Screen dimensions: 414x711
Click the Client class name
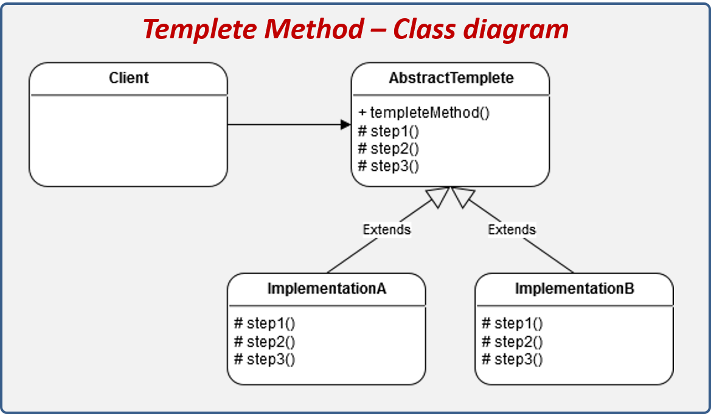tap(129, 78)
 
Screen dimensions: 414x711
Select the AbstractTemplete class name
tap(451, 78)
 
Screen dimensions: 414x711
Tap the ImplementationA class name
tap(327, 289)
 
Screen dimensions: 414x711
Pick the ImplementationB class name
tap(574, 289)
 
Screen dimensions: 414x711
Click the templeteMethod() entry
tap(424, 112)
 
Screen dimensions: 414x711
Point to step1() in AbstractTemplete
tap(389, 131)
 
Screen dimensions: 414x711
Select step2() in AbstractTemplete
tap(389, 148)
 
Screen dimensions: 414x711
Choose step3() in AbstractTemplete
tap(389, 166)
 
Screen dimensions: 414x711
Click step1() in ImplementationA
tap(265, 323)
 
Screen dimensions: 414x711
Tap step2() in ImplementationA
tap(265, 341)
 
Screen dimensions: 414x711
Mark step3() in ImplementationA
tap(265, 359)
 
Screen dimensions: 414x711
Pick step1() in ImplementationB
tap(512, 323)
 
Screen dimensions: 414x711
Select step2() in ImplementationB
tap(512, 341)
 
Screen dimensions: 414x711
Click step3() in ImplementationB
tap(512, 359)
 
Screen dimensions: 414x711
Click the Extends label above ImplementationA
tap(387, 229)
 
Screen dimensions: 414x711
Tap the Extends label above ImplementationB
tap(512, 229)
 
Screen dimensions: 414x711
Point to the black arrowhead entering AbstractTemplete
tap(345, 125)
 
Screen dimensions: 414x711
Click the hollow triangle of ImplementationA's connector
tap(439, 196)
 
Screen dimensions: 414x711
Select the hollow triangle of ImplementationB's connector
tap(462, 196)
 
